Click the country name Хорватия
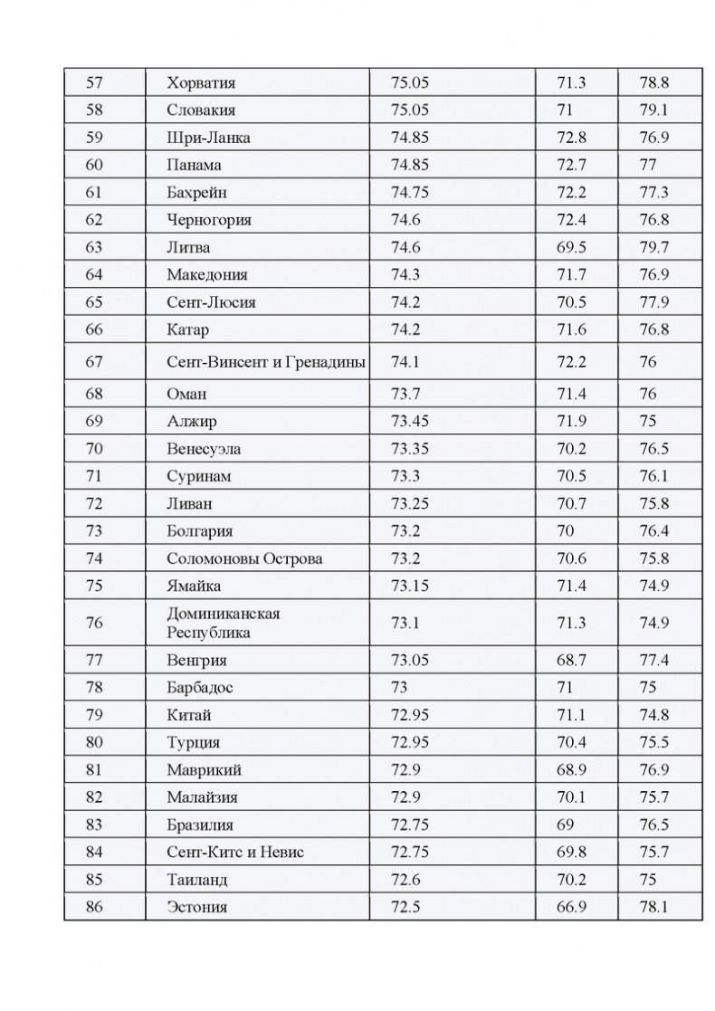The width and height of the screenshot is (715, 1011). point(201,83)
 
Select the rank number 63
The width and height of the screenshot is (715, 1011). point(94,247)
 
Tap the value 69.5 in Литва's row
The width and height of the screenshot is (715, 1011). point(571,247)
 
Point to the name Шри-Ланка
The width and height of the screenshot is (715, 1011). point(208,138)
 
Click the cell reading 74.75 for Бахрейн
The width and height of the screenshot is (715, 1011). point(410,193)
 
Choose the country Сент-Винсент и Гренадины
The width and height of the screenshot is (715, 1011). point(266,362)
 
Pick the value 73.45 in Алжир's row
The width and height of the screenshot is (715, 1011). point(410,422)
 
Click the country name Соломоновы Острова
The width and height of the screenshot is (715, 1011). point(244,558)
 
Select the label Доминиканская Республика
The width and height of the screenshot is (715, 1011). point(223,623)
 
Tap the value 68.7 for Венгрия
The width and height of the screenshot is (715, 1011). point(571,660)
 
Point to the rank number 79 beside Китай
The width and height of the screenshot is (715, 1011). point(94,715)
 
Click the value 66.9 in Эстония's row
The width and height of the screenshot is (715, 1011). point(571,907)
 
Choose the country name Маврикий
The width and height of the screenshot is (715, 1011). point(204,770)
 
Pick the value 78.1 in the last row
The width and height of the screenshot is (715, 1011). point(653,907)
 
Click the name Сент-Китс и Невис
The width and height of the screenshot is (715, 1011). point(235,853)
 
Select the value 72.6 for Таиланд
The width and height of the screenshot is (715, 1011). point(405,880)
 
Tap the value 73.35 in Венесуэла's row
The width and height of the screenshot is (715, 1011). point(410,449)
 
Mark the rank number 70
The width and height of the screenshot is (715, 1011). point(94,449)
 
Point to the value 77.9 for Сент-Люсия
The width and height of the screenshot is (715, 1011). point(653,302)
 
